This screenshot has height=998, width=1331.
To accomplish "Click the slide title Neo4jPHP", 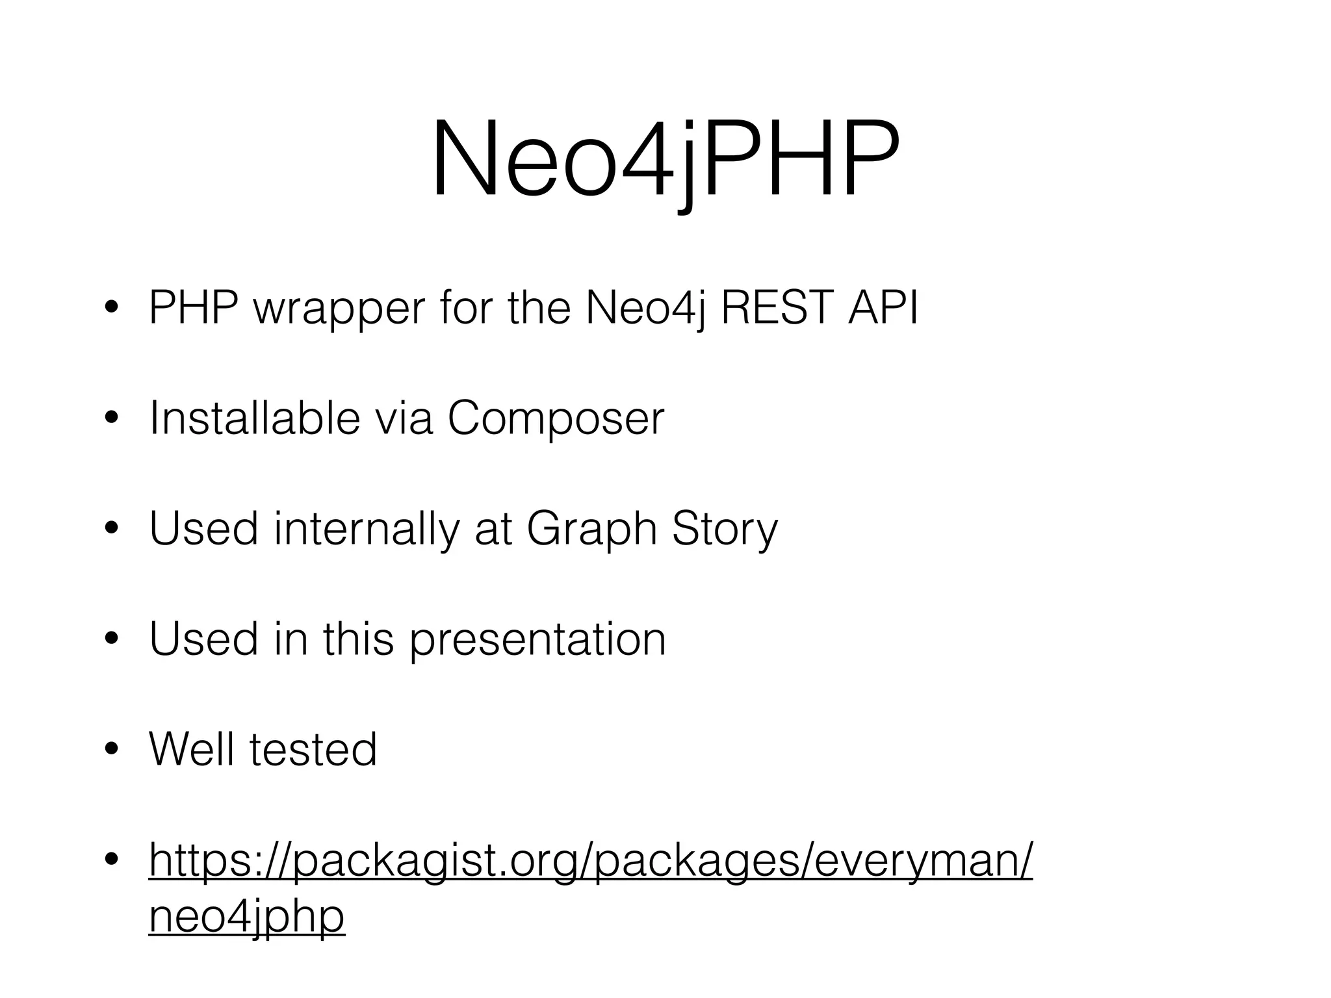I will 665,159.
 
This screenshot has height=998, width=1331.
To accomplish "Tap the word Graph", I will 592,530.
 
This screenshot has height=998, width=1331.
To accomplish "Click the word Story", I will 725,530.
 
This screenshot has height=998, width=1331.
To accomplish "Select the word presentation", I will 537,639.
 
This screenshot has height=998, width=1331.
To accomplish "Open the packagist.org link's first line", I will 590,860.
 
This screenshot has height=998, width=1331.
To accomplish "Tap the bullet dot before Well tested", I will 111,750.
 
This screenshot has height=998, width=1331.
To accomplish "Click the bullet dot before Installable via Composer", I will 111,418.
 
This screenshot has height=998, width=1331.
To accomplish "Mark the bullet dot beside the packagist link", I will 111,860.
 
